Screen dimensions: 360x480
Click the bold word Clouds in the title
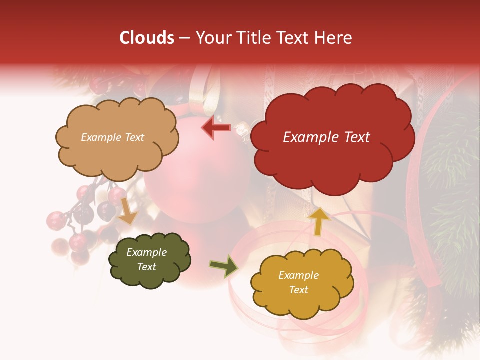(x=147, y=38)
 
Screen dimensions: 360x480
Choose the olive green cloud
(x=149, y=260)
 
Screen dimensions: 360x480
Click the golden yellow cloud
(x=301, y=283)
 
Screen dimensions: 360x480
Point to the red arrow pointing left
(x=216, y=128)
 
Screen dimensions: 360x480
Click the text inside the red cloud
(x=326, y=137)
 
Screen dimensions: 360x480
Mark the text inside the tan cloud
(x=112, y=137)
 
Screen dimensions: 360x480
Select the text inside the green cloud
(x=147, y=260)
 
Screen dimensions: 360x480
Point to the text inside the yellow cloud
(x=299, y=282)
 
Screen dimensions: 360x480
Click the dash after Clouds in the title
(x=184, y=38)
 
